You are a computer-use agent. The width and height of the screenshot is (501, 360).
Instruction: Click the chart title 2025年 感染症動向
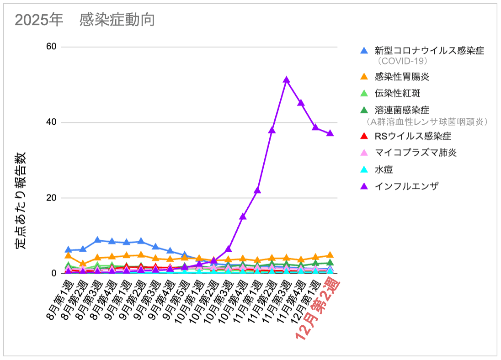85,21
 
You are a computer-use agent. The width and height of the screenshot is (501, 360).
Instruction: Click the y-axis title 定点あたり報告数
21,201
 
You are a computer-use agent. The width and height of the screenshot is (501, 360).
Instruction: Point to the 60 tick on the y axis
51,47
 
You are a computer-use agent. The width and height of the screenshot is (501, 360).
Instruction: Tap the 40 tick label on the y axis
51,122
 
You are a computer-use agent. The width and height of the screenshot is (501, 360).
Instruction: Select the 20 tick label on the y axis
51,198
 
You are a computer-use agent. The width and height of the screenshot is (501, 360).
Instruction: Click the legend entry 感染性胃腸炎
402,76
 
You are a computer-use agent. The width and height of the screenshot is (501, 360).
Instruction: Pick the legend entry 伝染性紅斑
397,93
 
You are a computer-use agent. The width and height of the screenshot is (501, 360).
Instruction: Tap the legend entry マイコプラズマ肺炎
416,152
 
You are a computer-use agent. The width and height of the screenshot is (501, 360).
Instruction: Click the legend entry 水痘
384,169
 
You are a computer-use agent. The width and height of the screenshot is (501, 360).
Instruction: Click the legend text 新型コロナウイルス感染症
429,50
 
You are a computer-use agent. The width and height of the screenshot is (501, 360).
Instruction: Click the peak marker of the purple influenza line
287,80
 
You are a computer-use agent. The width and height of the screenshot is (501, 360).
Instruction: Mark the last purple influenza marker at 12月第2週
330,133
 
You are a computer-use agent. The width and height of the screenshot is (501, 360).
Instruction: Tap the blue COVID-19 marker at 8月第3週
97,240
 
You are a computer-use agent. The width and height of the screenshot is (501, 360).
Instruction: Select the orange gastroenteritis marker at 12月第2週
330,255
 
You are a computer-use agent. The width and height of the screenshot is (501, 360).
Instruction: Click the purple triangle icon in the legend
364,186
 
